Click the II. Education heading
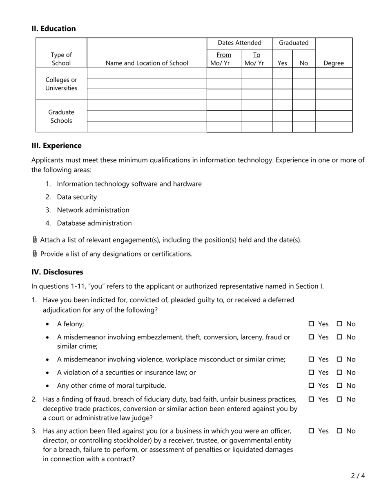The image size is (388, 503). (54, 29)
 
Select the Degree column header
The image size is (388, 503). (333, 63)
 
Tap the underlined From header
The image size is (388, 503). (223, 55)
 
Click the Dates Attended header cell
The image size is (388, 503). (239, 43)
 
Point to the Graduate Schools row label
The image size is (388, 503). (61, 116)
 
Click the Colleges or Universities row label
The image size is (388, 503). (61, 84)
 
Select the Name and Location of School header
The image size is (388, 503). (147, 63)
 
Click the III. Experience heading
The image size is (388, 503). (56, 146)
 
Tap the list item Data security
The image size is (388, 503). (77, 197)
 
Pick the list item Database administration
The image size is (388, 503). (94, 223)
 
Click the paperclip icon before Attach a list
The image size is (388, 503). (35, 240)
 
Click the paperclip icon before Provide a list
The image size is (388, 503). (35, 254)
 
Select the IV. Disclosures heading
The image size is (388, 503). (57, 272)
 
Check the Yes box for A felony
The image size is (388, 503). (311, 324)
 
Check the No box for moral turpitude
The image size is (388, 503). (339, 385)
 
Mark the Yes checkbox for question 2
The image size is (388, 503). (311, 399)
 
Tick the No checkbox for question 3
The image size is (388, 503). (339, 431)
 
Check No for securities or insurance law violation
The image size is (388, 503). (339, 372)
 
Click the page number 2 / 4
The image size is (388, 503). (357, 476)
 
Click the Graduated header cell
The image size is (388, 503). (294, 43)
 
